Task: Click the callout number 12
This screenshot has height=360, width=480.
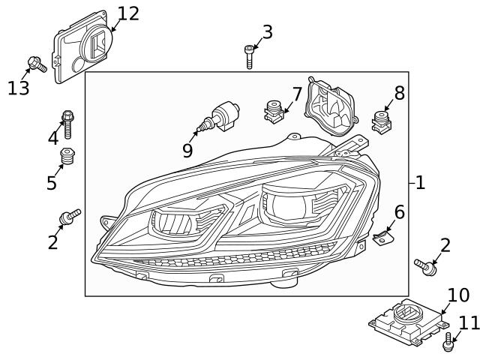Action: (128, 13)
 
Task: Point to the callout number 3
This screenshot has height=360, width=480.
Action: (267, 31)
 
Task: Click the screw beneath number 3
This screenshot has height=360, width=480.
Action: (249, 56)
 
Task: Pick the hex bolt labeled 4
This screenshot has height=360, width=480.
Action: (67, 124)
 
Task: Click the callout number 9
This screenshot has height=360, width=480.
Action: (187, 149)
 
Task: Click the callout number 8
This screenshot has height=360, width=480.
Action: (399, 93)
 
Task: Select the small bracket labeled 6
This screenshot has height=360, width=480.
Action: (385, 238)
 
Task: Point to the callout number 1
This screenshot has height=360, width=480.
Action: (419, 182)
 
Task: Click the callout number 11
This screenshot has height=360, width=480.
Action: (468, 322)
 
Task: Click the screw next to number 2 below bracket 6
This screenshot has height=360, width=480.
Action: (426, 265)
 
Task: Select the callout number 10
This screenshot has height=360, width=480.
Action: (457, 294)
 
